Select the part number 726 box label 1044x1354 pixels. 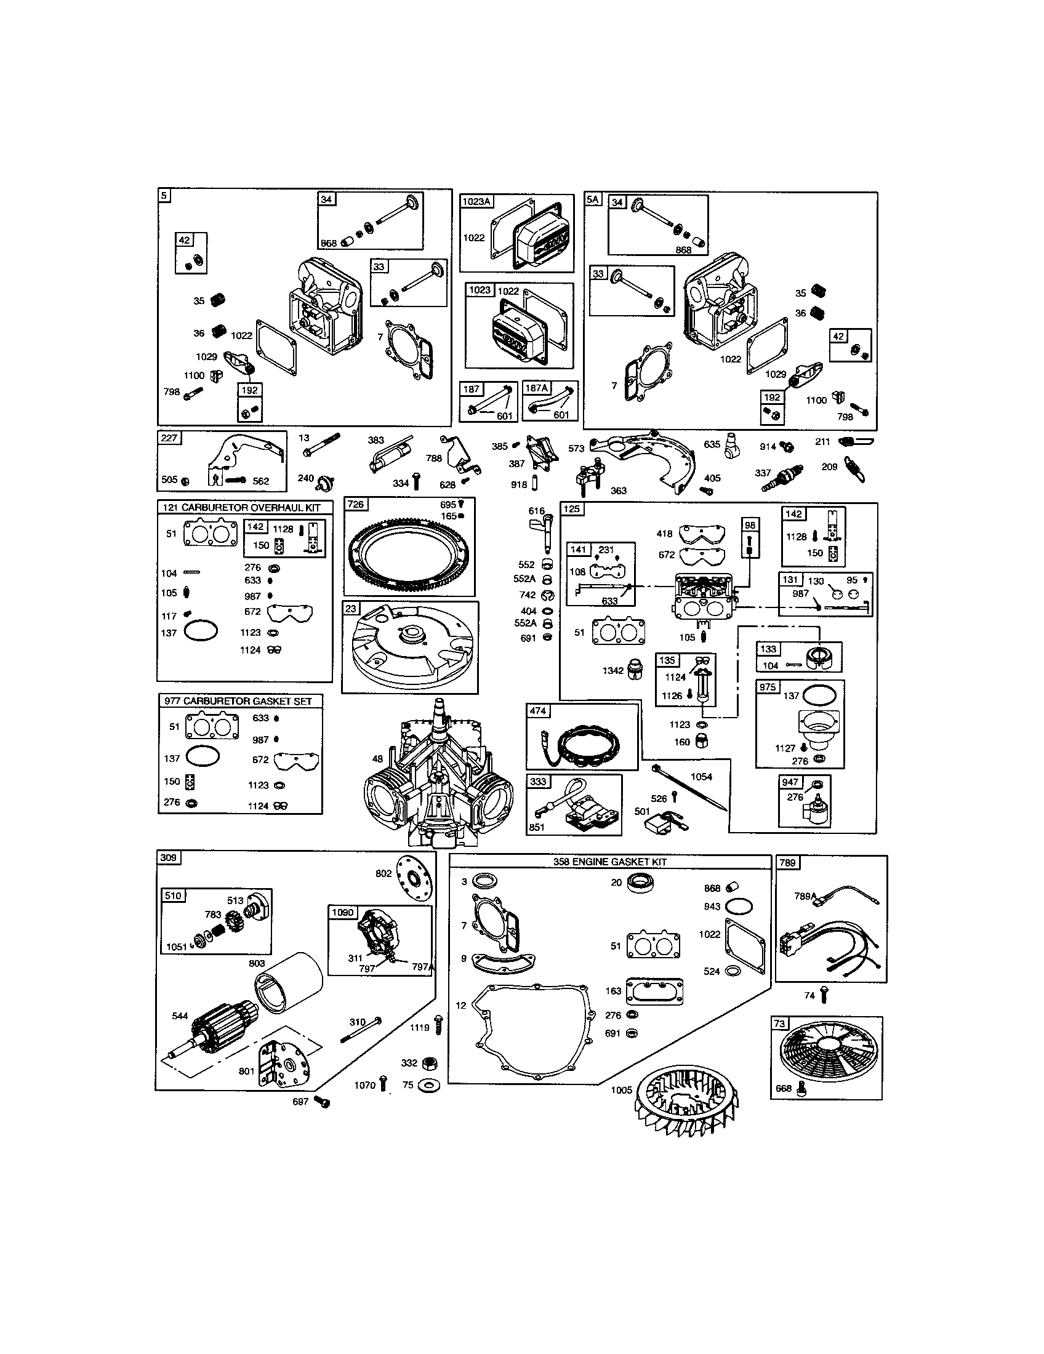(x=356, y=504)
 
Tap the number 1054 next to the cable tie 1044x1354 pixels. (x=701, y=776)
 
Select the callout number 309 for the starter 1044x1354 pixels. (x=168, y=857)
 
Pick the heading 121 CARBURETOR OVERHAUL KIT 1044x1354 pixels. (x=242, y=507)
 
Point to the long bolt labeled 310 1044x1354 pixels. (x=361, y=1030)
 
